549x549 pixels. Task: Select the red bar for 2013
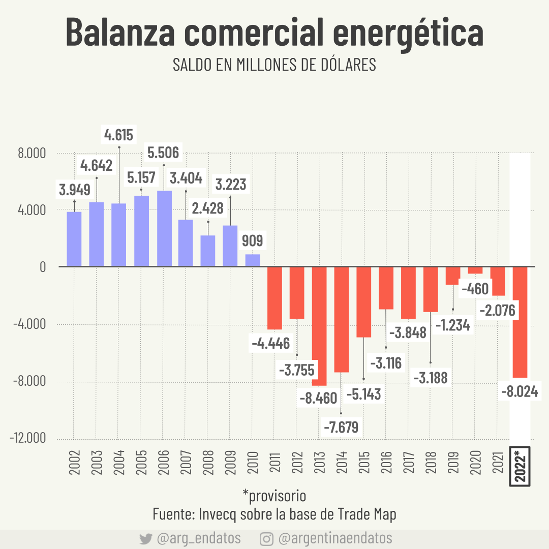pos(319,325)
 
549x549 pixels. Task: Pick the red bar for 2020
pos(475,270)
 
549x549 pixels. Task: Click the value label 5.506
pos(163,152)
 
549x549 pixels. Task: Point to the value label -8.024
pos(520,392)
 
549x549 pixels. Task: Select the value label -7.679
pos(341,426)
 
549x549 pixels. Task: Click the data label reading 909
pos(253,240)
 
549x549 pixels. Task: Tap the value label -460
pos(474,289)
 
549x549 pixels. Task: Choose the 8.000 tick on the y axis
pos(32,154)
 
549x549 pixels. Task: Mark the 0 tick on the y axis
pos(43,267)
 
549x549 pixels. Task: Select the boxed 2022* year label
pos(520,466)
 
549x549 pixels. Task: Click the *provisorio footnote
pos(274,495)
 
